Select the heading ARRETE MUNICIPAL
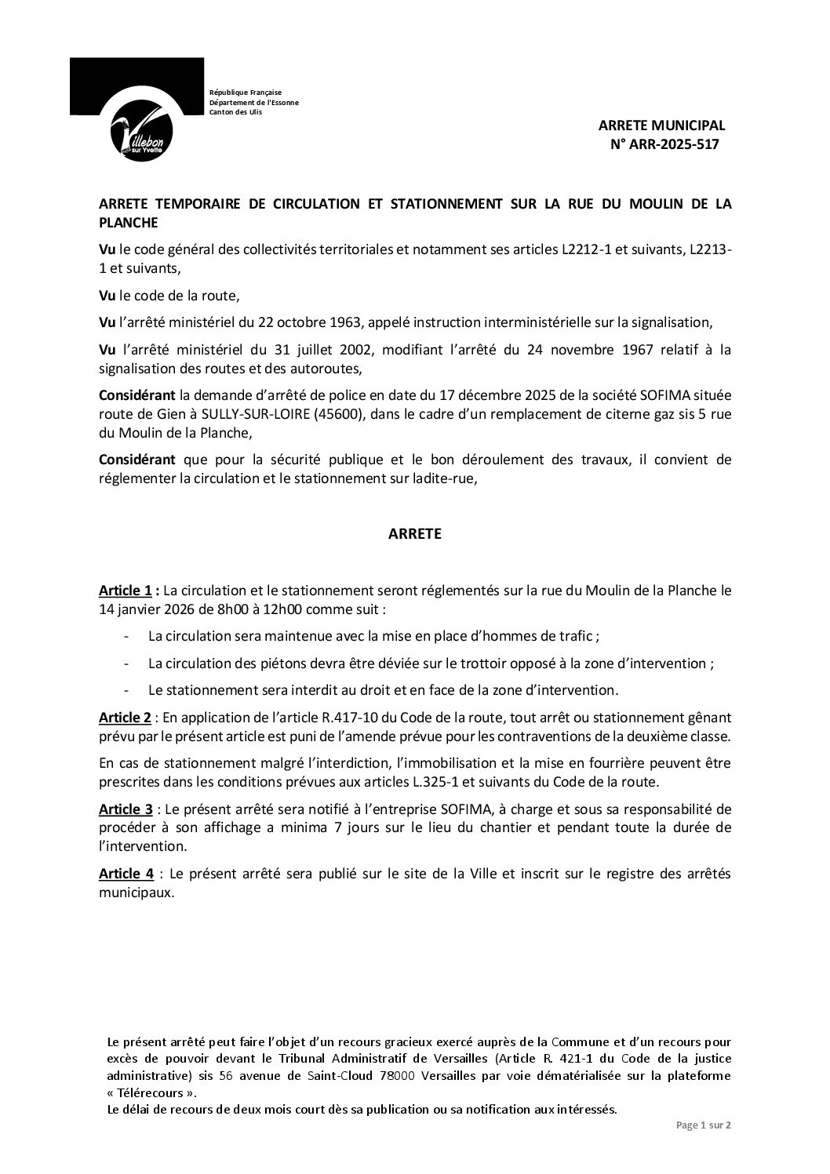click(661, 125)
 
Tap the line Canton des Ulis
click(235, 112)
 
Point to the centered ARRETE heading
click(415, 534)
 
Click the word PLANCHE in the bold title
click(127, 222)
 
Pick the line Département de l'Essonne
click(253, 102)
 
